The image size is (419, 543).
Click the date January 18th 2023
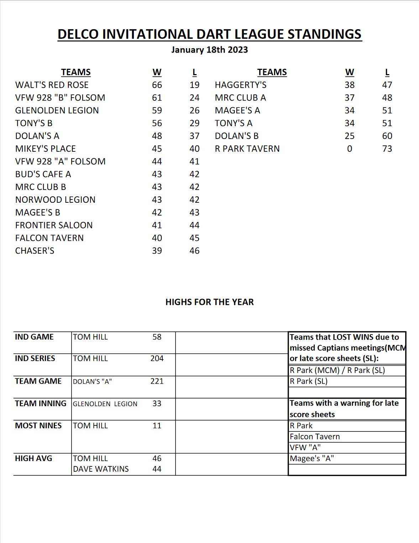coord(209,50)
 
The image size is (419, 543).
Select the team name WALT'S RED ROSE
coord(52,85)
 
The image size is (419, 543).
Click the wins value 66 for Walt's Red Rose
coord(157,85)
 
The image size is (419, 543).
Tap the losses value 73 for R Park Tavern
coord(387,149)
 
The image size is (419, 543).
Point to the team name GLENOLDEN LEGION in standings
coord(57,110)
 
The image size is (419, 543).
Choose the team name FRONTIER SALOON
coord(54,225)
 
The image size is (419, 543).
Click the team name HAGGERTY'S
coord(240,85)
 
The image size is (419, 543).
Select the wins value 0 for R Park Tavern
coord(349,149)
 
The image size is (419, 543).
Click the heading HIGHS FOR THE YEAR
coord(209,302)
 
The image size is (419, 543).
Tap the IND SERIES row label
coord(35,358)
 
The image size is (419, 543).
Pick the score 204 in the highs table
coord(157,358)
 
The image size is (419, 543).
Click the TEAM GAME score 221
coord(157,381)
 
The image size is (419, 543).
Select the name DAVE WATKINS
coord(101,469)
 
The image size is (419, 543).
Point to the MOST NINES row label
coord(38,425)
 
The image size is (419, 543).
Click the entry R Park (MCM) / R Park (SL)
coord(337,370)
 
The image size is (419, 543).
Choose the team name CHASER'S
coord(35,251)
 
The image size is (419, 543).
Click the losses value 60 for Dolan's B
coord(387,136)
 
